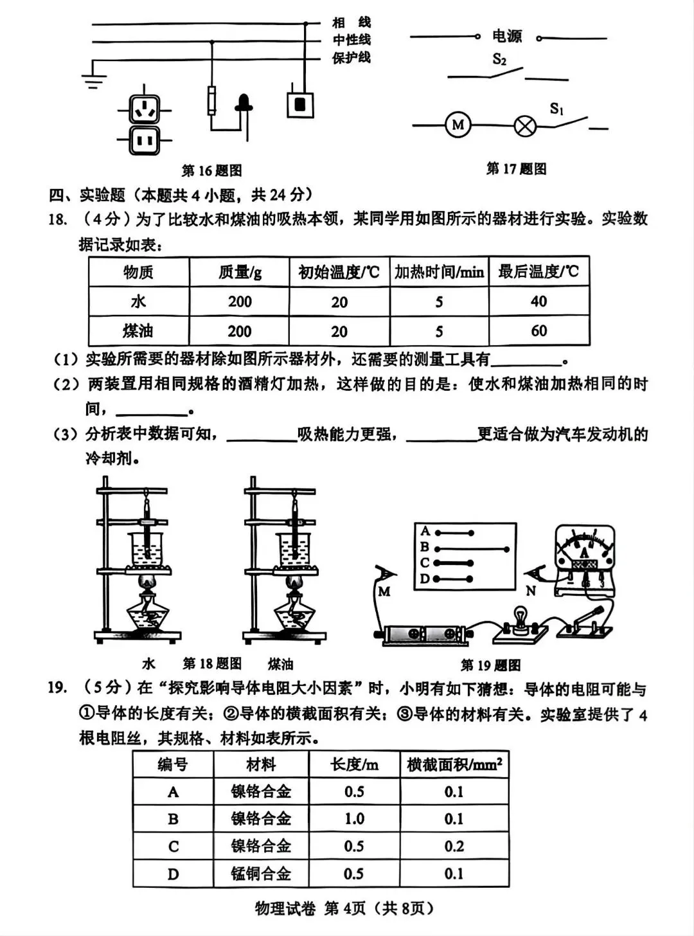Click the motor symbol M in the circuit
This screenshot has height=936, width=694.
[458, 125]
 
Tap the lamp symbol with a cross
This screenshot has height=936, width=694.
[525, 125]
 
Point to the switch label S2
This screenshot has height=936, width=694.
[499, 59]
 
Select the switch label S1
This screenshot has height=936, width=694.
[556, 109]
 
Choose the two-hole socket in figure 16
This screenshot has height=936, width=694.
[144, 139]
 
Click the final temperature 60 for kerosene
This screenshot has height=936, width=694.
[538, 331]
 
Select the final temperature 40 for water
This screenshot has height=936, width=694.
[538, 301]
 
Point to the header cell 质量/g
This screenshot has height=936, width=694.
[239, 272]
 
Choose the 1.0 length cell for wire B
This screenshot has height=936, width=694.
[354, 819]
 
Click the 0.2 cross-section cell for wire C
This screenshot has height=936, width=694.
[454, 847]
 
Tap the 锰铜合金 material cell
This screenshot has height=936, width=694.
[261, 874]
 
